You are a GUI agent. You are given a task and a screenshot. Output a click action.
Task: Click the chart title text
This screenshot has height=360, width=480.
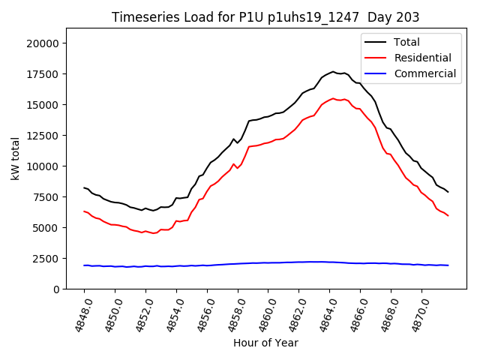[x=265, y=17]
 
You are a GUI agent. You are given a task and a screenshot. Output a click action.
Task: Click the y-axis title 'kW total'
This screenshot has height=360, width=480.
[x=15, y=158]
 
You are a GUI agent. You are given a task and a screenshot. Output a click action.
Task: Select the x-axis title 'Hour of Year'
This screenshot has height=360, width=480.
[x=265, y=343]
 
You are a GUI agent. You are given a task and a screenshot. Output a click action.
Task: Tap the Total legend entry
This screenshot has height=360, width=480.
[x=406, y=42]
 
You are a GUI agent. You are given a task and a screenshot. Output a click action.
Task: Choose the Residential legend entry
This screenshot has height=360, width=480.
[x=422, y=58]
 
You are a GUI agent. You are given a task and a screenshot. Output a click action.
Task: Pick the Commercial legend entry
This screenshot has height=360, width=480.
[x=424, y=73]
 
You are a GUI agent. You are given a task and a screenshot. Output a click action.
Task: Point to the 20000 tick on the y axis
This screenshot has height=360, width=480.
[x=43, y=43]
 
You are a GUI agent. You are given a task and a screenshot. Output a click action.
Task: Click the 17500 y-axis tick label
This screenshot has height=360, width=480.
[x=43, y=74]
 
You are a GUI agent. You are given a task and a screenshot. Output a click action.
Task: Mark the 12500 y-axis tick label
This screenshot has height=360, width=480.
[x=43, y=136]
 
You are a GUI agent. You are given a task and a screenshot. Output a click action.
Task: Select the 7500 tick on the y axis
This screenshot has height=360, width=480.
[x=46, y=197]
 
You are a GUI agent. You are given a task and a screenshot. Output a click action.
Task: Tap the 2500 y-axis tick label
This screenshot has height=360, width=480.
[x=46, y=259]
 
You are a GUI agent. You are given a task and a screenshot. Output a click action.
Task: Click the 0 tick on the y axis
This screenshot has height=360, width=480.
[x=55, y=289]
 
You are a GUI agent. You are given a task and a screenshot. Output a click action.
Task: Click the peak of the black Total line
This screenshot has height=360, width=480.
[x=333, y=72]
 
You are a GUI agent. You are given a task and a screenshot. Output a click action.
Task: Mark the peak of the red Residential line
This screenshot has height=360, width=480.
[x=333, y=98]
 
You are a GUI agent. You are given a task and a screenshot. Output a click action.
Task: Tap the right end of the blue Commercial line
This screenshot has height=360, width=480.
[x=448, y=265]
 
